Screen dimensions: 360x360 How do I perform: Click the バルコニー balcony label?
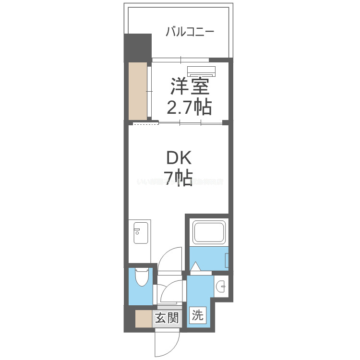click(x=190, y=33)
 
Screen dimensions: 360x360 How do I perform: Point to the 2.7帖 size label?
click(x=189, y=108)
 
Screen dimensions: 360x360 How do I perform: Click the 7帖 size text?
click(x=180, y=178)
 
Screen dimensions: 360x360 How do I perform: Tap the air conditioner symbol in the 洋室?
click(x=202, y=71)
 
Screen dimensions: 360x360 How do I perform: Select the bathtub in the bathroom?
click(x=207, y=232)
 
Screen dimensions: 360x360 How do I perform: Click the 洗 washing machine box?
click(x=198, y=316)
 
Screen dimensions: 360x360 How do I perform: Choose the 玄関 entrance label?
click(x=167, y=318)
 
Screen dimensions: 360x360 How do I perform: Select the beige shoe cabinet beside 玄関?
click(x=143, y=319)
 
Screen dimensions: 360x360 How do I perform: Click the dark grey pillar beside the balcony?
click(x=138, y=47)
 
